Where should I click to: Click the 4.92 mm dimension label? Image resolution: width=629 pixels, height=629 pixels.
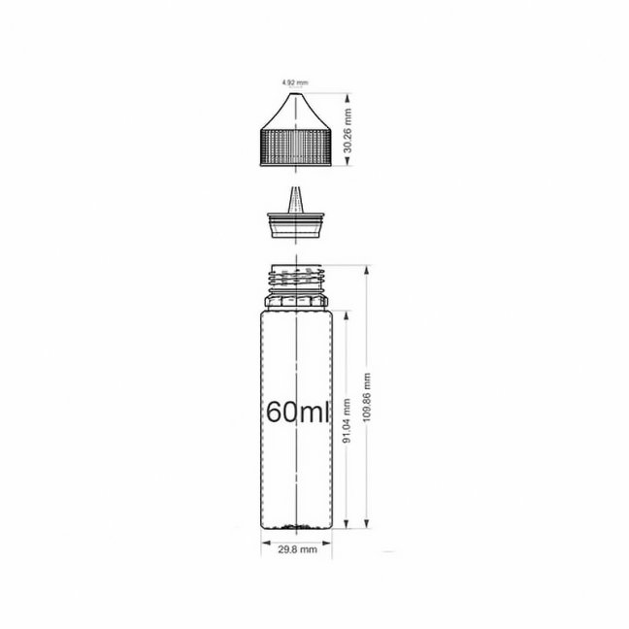coord(295,83)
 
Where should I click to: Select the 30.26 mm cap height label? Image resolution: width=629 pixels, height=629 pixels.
coord(348,130)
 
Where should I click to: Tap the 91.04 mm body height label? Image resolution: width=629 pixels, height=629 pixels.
coord(347,420)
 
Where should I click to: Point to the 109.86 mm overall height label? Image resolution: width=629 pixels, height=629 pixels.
coord(367,397)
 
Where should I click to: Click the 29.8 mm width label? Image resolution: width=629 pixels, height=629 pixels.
coord(297,549)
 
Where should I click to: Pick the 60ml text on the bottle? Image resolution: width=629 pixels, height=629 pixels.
coord(297,412)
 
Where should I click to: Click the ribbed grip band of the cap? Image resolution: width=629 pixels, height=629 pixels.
coord(296,147)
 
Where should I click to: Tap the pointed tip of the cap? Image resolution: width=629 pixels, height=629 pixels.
coord(296,94)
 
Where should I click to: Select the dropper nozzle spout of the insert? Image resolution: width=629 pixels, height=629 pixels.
coord(296,199)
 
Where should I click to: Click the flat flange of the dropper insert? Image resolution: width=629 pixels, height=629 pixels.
coord(296,215)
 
